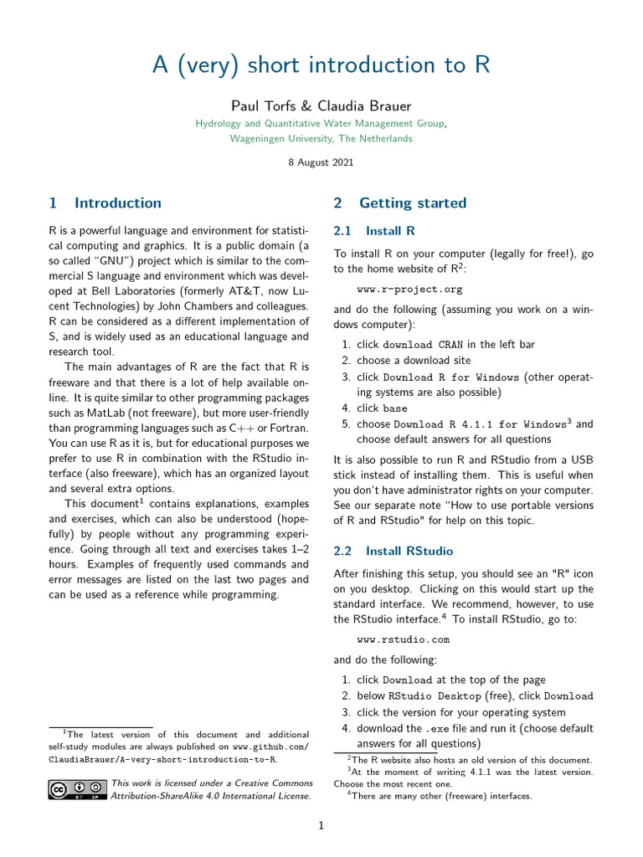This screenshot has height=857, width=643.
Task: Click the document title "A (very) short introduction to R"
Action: [x=321, y=65]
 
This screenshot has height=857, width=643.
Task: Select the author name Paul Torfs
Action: [x=263, y=106]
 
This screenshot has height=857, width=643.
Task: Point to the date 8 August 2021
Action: [x=321, y=162]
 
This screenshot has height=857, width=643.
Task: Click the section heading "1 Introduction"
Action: [x=105, y=203]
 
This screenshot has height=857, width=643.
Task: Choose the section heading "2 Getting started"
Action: [x=399, y=203]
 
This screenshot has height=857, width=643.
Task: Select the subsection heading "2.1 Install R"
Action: [x=374, y=230]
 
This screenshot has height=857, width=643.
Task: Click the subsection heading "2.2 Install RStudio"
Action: [x=393, y=551]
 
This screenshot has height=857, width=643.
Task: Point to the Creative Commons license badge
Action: [x=77, y=789]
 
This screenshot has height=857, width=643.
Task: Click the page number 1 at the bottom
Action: [x=321, y=826]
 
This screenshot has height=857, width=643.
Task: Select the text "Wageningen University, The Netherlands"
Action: [x=321, y=138]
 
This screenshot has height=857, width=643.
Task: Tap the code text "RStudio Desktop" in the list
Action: [x=435, y=696]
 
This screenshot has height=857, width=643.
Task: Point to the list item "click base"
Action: [x=382, y=408]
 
